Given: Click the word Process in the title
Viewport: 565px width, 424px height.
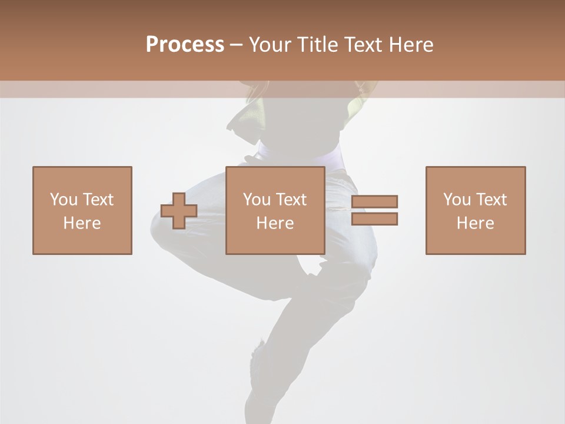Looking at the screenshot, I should pyautogui.click(x=185, y=45).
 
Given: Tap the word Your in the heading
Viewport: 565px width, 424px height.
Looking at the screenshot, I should pyautogui.click(x=269, y=45).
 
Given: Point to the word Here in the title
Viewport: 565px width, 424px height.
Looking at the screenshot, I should pyautogui.click(x=410, y=45).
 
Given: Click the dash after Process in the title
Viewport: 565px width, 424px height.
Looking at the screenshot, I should pyautogui.click(x=236, y=45).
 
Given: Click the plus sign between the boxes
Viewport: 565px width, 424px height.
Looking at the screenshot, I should pyautogui.click(x=179, y=211).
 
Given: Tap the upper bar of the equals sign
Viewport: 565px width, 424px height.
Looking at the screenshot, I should pyautogui.click(x=374, y=201).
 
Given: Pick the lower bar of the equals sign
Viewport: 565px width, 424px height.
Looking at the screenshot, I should pyautogui.click(x=374, y=219).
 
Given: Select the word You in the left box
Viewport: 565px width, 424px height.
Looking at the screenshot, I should pyautogui.click(x=64, y=200).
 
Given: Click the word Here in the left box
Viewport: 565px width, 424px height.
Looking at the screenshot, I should pyautogui.click(x=82, y=223).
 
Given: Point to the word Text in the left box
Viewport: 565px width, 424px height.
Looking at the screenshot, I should pyautogui.click(x=97, y=200).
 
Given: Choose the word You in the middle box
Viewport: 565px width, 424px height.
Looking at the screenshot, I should pyautogui.click(x=257, y=200).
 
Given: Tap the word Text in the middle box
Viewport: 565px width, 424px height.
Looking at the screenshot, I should pyautogui.click(x=290, y=200).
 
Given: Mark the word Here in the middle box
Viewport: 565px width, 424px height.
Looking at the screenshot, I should pyautogui.click(x=275, y=223).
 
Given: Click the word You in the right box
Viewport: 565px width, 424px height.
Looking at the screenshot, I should pyautogui.click(x=457, y=200).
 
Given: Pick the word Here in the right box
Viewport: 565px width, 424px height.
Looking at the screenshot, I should pyautogui.click(x=475, y=223).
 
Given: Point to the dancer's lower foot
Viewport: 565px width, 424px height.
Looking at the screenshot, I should pyautogui.click(x=259, y=365).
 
